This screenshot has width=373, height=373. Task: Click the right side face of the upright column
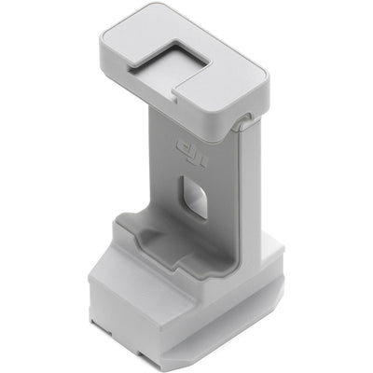[x=250, y=186]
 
